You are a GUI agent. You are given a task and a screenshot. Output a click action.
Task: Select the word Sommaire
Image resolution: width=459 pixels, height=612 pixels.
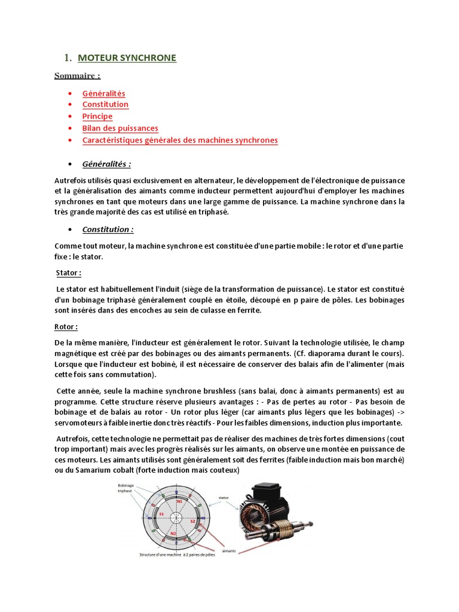[77, 75]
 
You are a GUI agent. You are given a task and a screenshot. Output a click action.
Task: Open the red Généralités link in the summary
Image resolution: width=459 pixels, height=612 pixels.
[103, 93]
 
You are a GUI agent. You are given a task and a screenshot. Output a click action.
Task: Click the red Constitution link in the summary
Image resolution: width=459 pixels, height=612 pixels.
[105, 105]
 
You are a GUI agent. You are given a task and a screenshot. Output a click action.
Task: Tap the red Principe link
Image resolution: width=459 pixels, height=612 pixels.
[97, 117]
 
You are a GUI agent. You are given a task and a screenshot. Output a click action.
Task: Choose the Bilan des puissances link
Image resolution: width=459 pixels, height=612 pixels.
[120, 128]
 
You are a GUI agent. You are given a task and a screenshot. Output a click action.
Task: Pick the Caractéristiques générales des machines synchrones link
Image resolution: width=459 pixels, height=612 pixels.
[180, 140]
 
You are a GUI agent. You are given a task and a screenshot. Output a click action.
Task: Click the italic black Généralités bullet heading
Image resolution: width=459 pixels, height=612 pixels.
[106, 164]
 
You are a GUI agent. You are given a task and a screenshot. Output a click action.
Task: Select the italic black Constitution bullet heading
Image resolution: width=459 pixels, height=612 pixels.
[108, 229]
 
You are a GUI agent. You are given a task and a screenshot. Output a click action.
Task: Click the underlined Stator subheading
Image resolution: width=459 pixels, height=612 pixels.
[68, 273]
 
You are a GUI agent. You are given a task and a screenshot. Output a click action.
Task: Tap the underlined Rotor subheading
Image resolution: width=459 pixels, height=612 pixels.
[66, 327]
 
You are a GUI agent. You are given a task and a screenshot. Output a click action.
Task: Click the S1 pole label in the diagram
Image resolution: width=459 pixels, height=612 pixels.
[161, 514]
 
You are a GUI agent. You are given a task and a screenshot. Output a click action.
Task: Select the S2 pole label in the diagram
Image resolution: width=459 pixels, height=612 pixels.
[192, 521]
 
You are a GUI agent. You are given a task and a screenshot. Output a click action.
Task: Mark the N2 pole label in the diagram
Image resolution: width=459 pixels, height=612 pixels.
[173, 533]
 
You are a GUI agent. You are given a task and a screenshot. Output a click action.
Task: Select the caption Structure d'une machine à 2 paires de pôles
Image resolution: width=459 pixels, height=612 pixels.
[177, 555]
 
